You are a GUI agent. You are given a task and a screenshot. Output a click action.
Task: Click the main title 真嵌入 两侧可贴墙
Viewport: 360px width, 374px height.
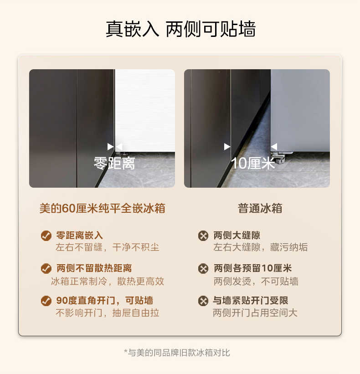tap(180, 29)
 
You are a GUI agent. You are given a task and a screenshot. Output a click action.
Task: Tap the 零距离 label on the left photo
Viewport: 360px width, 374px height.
tap(114, 163)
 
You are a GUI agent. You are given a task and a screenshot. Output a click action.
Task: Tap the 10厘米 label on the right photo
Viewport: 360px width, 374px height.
tap(253, 163)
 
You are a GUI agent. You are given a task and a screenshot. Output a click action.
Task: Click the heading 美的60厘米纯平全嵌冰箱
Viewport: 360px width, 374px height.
tap(102, 209)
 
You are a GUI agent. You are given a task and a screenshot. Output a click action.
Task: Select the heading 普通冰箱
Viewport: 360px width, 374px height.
tap(260, 209)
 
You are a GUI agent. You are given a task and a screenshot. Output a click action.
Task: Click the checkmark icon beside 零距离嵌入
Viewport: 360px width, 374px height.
tap(46, 236)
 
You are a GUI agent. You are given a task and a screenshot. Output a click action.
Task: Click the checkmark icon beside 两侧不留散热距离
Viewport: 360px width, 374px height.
tap(46, 268)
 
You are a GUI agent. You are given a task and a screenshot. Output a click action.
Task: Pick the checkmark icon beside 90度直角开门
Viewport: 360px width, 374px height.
tap(46, 301)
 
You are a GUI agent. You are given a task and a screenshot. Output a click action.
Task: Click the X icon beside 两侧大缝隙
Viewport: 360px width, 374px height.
tap(203, 236)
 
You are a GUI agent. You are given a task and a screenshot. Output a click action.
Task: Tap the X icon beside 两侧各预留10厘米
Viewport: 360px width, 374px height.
tap(203, 268)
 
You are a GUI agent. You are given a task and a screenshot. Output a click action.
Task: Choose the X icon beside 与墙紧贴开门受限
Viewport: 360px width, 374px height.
tap(203, 301)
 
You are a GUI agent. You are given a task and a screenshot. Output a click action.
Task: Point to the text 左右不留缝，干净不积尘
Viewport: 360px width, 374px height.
tap(108, 247)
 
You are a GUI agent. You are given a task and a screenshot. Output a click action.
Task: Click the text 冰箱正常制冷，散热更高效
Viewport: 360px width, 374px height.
tap(108, 281)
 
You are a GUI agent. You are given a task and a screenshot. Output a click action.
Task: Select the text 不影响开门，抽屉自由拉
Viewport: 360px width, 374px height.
tap(108, 313)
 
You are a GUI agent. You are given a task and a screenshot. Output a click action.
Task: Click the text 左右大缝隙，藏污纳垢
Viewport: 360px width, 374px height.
tap(261, 247)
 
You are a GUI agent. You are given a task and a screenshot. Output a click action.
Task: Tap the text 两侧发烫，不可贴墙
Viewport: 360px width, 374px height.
tap(256, 281)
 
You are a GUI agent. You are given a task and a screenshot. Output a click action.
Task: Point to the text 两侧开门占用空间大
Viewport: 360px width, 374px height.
tap(255, 313)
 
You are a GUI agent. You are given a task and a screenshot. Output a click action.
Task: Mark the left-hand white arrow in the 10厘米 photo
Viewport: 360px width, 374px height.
tap(227, 146)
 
